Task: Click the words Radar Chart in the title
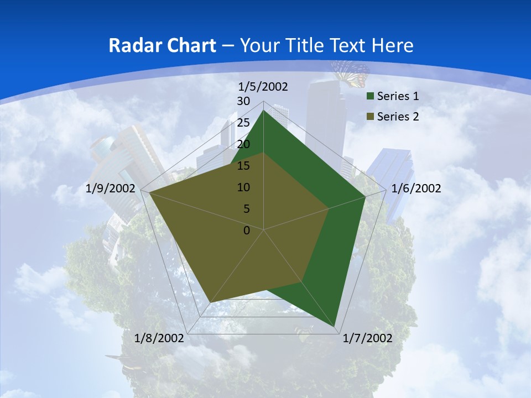pos(162,45)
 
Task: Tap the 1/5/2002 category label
pos(263,86)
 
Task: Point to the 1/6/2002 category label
pos(416,188)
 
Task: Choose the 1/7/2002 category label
pos(367,338)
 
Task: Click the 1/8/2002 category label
pos(159,338)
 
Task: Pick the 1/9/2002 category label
pos(111,188)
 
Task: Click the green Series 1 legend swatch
pos(369,97)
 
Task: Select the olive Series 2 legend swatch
pos(369,117)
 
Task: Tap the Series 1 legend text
pos(398,96)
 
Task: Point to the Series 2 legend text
pos(398,117)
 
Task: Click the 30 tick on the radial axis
pos(243,101)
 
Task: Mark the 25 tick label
pos(243,123)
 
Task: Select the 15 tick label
pos(243,166)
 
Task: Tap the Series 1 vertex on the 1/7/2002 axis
pos(335,326)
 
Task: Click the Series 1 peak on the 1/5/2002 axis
pos(264,111)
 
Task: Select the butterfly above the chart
pos(350,71)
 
